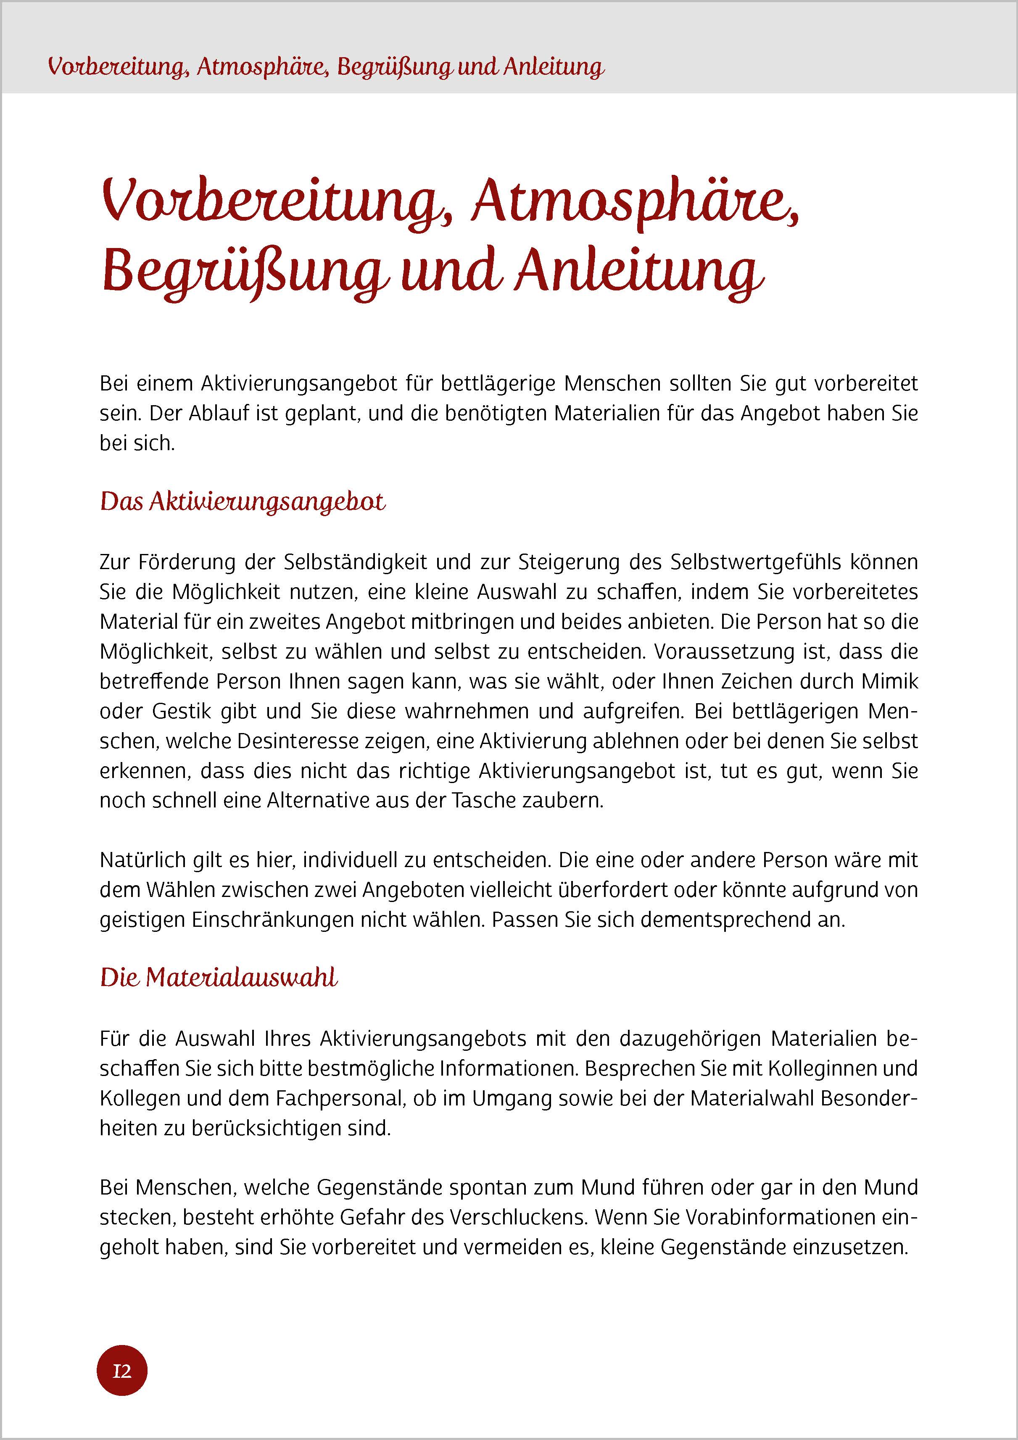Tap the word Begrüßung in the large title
[x=242, y=272]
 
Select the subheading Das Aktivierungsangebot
[x=243, y=502]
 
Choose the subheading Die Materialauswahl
[x=219, y=978]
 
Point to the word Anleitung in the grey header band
[x=554, y=66]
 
